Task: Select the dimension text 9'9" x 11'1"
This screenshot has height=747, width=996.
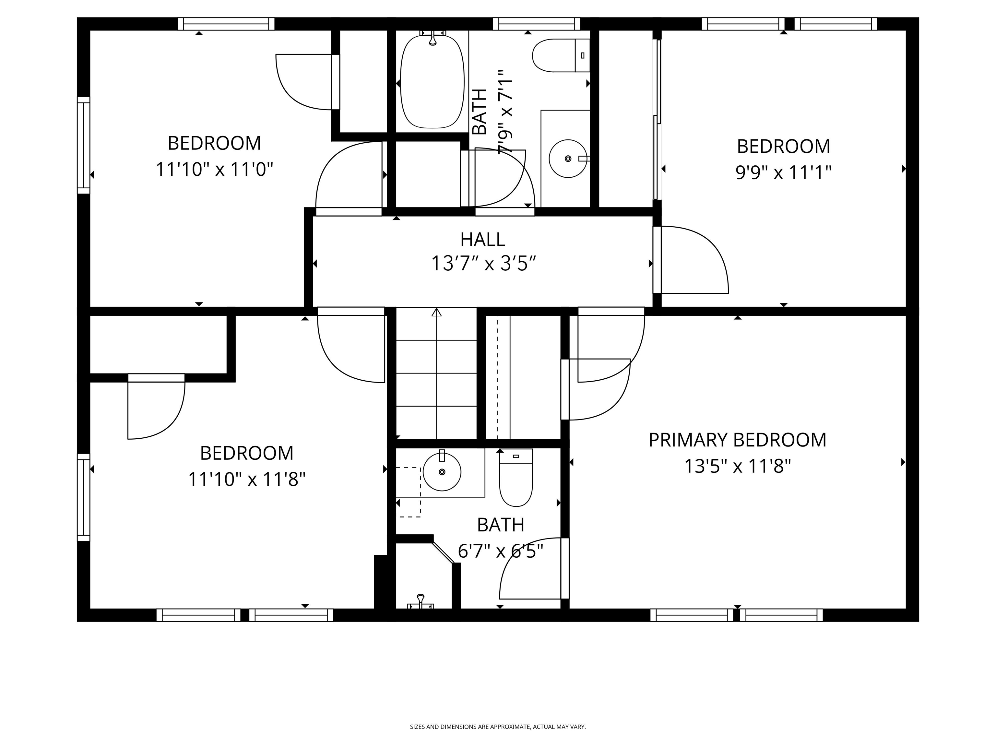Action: (783, 172)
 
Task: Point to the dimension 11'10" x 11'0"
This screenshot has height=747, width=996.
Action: (214, 170)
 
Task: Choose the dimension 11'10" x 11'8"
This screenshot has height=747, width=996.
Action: (246, 479)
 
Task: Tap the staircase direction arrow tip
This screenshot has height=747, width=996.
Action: (436, 312)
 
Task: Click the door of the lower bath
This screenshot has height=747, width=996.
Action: (531, 570)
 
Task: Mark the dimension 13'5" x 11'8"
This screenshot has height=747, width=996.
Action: (737, 466)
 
